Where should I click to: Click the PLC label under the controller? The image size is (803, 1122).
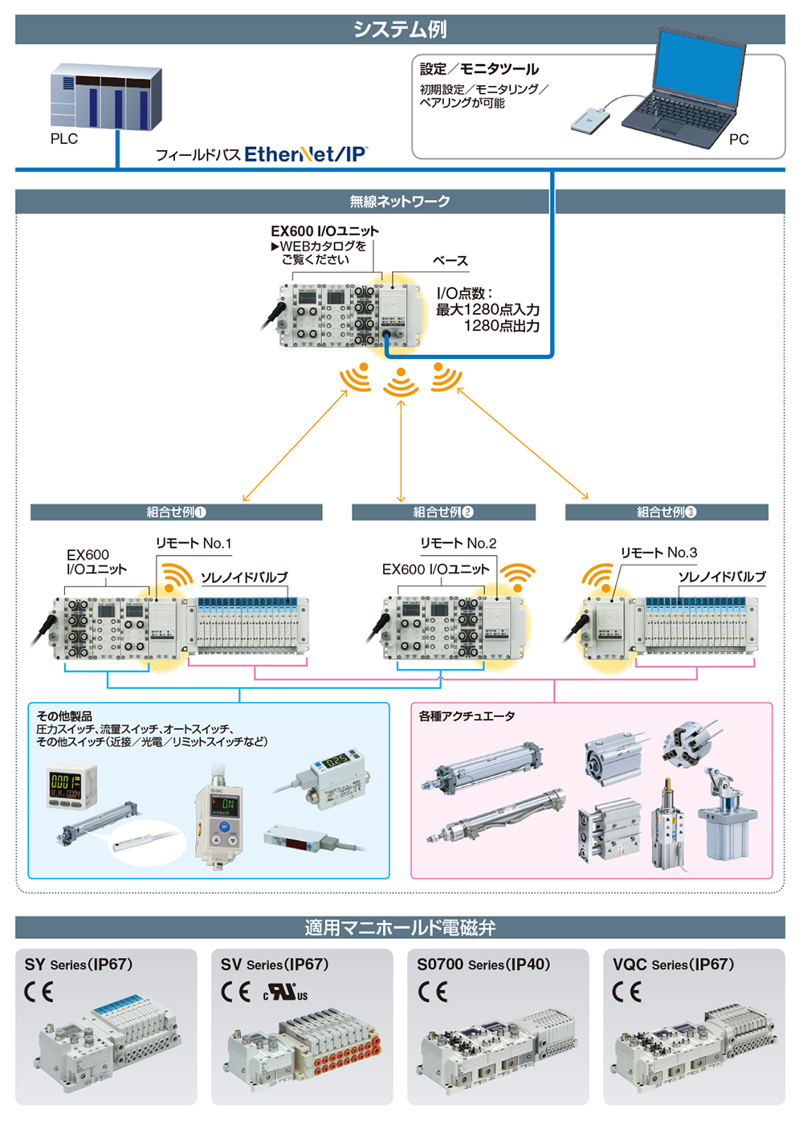64,139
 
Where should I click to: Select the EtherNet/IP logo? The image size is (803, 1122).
306,154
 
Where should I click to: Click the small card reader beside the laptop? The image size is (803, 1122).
590,120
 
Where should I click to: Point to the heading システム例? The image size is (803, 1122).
400,30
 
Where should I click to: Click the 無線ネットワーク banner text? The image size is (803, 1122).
400,202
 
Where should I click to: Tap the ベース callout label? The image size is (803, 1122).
450,260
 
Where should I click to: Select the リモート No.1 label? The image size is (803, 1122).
194,543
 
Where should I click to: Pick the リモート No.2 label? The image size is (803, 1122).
458,543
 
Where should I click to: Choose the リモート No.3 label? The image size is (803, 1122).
658,553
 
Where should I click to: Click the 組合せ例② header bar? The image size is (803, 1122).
443,512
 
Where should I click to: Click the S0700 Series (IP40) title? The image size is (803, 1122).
483,965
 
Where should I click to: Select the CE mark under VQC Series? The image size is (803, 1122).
626,991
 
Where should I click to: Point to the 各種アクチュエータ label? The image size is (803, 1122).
467,716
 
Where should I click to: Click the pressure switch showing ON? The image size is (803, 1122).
220,818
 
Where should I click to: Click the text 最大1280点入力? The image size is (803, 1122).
487,309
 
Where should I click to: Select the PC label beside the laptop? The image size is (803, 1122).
739,139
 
